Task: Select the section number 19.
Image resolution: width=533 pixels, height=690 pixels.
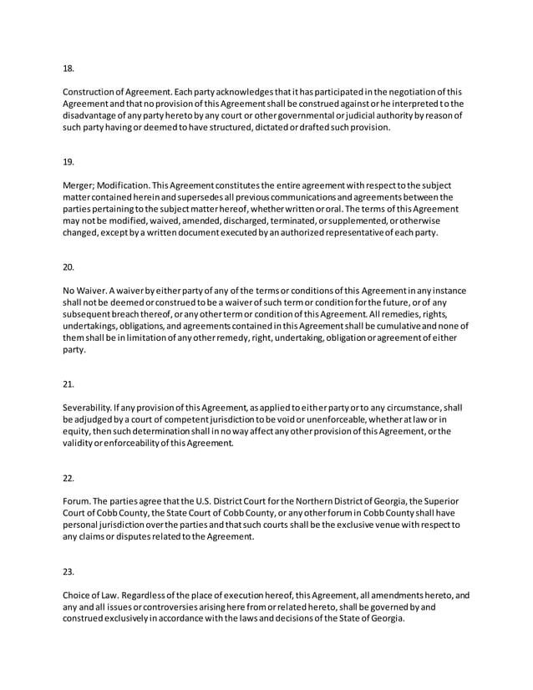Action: (x=69, y=162)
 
